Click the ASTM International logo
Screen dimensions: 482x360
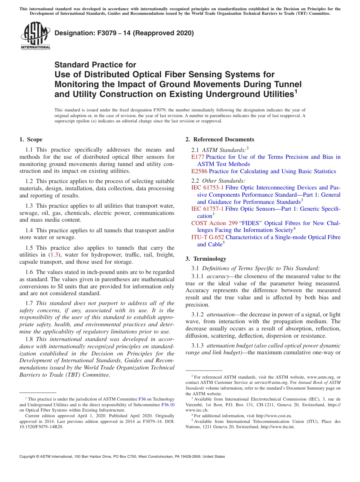click(35, 36)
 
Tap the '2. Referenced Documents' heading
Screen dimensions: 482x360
click(220, 139)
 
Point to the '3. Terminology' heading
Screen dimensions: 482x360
click(206, 259)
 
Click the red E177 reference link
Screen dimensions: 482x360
click(198, 157)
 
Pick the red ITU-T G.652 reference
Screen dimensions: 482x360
click(208, 237)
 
